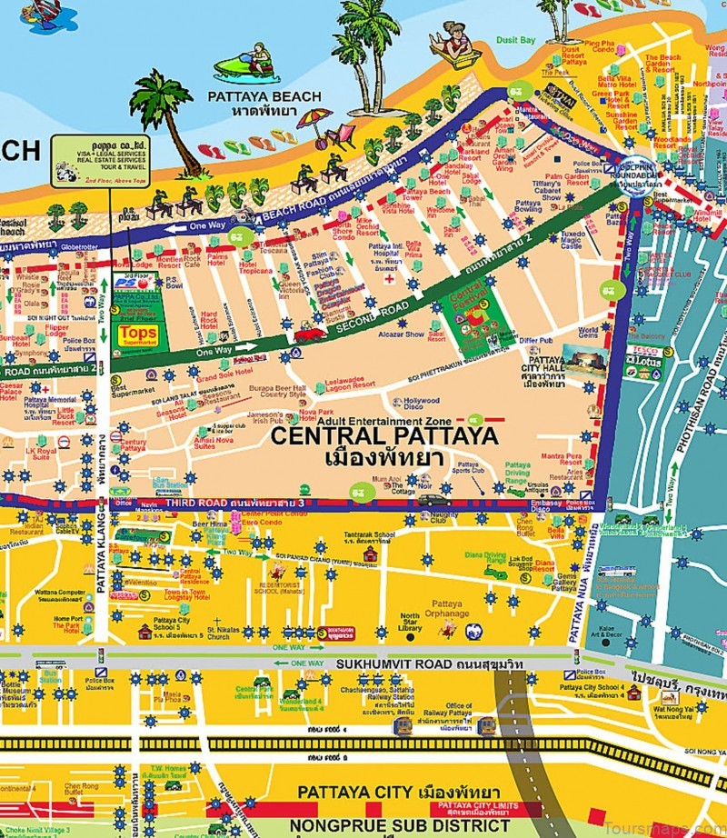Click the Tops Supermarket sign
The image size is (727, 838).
click(138, 335)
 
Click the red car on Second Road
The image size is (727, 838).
click(310, 333)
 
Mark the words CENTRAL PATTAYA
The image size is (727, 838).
click(384, 435)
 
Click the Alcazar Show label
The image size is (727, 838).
click(402, 334)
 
